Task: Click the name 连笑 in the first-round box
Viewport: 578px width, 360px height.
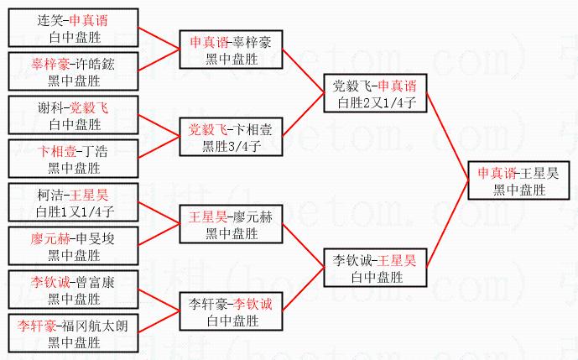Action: coord(51,19)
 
